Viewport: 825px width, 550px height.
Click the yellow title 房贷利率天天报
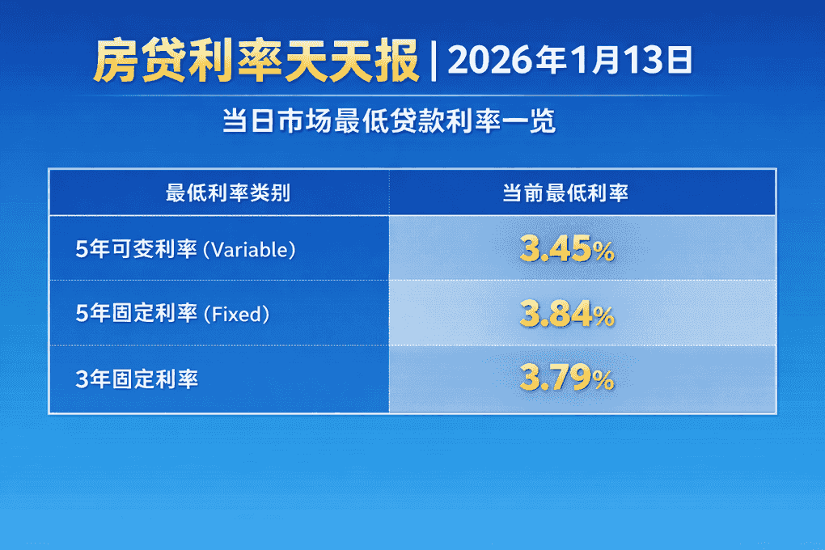256,61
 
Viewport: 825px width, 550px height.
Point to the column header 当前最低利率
565,193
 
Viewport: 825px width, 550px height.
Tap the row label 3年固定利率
137,379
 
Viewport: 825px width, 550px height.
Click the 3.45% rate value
566,251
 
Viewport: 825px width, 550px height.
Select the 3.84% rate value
566,315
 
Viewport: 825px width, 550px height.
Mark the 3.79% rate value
566,379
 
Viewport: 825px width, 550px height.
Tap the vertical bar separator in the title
434,61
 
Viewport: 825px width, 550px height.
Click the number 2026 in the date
484,61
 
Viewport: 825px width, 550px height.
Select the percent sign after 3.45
603,252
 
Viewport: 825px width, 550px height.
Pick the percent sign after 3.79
603,380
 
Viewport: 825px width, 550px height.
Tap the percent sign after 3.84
603,316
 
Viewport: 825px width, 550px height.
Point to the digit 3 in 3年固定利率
80,379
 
